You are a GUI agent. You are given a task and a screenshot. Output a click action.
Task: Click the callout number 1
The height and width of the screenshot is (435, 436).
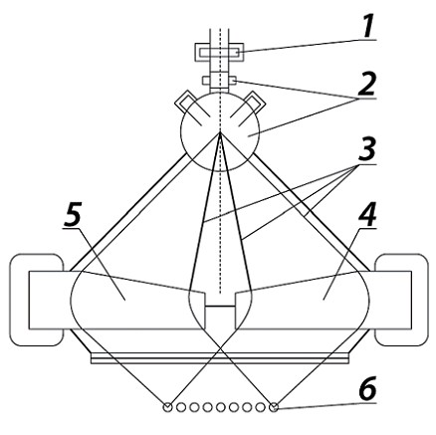pos(367,26)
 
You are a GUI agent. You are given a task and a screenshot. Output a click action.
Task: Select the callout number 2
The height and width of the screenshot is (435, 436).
pos(365,85)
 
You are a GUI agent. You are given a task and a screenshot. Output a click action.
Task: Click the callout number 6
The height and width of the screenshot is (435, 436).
pos(367,388)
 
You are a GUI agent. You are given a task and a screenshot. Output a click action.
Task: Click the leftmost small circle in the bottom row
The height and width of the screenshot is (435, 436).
pos(168,407)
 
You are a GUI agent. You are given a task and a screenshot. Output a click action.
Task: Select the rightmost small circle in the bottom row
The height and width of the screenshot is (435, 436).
pos(274,407)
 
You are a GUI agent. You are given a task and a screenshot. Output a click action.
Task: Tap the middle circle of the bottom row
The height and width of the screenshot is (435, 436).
pos(221,407)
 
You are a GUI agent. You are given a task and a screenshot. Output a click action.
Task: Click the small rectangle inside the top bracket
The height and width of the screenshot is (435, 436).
pos(219,53)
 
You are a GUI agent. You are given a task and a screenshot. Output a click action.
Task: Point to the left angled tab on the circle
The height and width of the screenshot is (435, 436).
pos(187,103)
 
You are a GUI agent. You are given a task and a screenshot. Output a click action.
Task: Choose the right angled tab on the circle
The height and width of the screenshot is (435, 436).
pos(252,103)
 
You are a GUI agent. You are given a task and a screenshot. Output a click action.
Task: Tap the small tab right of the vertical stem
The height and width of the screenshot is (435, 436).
pos(232,81)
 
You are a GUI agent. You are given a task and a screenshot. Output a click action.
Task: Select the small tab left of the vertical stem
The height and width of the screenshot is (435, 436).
pos(206,81)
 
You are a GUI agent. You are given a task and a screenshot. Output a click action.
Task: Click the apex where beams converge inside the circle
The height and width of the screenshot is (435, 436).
pos(220,132)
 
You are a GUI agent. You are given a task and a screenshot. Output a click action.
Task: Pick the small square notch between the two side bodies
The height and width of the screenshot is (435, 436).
pos(220,318)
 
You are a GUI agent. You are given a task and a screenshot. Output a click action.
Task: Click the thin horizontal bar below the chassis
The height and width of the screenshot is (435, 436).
pos(220,358)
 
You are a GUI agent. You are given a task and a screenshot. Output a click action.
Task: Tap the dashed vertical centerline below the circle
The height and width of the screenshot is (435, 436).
pos(220,232)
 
